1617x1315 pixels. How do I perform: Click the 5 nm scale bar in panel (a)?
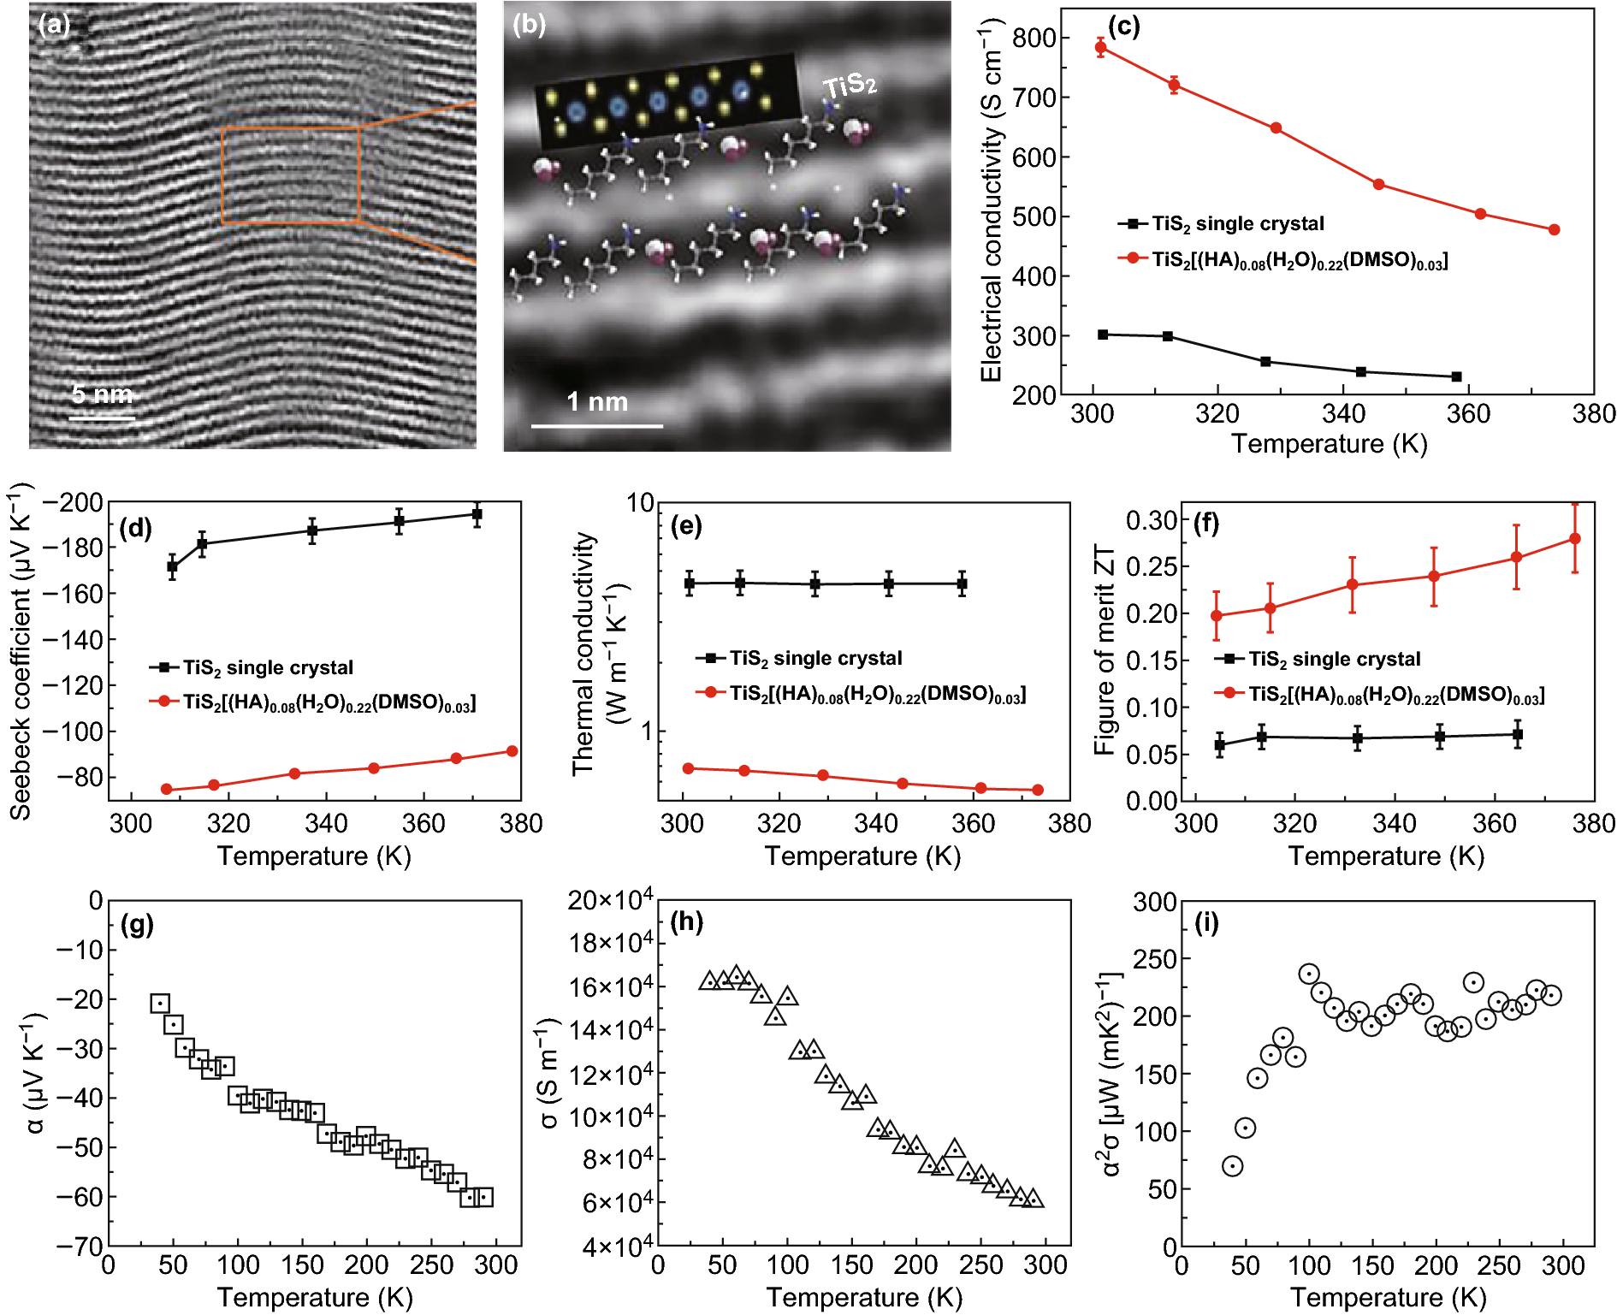(102, 418)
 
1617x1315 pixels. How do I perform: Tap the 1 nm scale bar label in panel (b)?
(597, 401)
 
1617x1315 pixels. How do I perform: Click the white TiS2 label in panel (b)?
(849, 86)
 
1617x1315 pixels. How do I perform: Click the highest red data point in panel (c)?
(1101, 47)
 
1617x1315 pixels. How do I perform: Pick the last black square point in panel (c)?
(1456, 376)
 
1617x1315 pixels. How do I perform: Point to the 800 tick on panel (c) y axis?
(1034, 39)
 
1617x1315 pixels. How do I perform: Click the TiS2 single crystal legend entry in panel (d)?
(267, 667)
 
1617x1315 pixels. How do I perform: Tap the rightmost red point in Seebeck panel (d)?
(512, 751)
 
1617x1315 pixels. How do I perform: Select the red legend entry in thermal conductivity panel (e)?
(876, 694)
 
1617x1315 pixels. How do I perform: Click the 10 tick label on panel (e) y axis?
(640, 503)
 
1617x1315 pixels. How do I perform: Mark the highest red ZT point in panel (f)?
(1574, 539)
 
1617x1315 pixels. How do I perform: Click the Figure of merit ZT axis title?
(1105, 650)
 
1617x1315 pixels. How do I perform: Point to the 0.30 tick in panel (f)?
(1151, 520)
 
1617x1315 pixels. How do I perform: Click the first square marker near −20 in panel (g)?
(160, 1004)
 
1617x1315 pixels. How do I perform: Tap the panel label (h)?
(686, 921)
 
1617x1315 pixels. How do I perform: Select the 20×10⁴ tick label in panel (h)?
(611, 900)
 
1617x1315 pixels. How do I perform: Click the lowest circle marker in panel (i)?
(1232, 1166)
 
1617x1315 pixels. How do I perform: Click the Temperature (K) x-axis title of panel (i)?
(1388, 1297)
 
